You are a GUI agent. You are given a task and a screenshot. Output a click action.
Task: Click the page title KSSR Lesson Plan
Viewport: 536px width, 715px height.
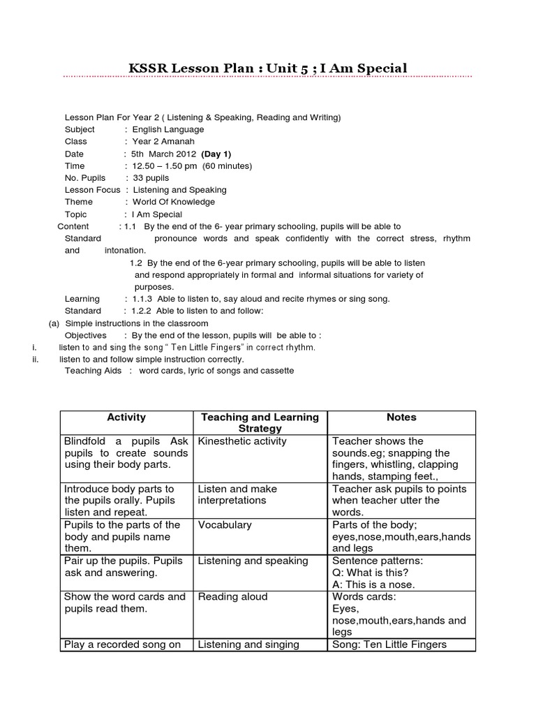267,68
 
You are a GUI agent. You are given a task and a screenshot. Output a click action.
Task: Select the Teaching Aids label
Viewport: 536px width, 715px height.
94,370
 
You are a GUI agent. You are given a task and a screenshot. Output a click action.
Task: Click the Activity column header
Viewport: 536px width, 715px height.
126,417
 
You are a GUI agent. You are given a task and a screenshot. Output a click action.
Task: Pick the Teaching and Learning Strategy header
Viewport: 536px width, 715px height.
259,422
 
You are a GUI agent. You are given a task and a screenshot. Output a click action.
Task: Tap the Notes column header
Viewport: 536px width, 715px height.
401,417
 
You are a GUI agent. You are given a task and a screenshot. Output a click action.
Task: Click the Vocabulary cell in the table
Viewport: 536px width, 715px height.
223,524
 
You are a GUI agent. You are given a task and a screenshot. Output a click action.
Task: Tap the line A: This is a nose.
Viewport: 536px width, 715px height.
373,584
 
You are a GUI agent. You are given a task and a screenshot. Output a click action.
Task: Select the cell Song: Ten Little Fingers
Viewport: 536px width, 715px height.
389,644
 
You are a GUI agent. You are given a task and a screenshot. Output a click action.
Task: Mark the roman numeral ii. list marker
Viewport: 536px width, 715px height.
35,359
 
